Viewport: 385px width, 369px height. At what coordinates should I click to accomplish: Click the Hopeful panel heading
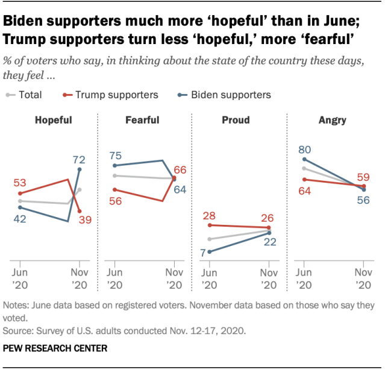(53, 120)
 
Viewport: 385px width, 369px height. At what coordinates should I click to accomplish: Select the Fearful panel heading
(143, 120)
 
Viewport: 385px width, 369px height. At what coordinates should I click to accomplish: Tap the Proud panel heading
(236, 120)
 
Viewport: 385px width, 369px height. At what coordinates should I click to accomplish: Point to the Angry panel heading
(332, 120)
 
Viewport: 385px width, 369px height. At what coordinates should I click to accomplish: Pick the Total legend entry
(25, 95)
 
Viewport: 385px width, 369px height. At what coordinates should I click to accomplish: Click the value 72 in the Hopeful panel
(79, 160)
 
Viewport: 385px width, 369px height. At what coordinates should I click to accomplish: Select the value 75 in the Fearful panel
(116, 155)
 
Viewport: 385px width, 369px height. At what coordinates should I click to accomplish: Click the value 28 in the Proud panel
(209, 215)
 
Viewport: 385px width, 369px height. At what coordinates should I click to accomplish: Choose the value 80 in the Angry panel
(305, 149)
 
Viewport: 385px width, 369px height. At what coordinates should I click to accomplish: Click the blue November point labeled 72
(80, 169)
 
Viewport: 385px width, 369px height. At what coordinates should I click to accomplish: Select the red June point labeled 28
(209, 225)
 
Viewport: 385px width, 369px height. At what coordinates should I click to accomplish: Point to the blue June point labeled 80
(304, 159)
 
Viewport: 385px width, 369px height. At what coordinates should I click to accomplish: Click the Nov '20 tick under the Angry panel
(364, 278)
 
